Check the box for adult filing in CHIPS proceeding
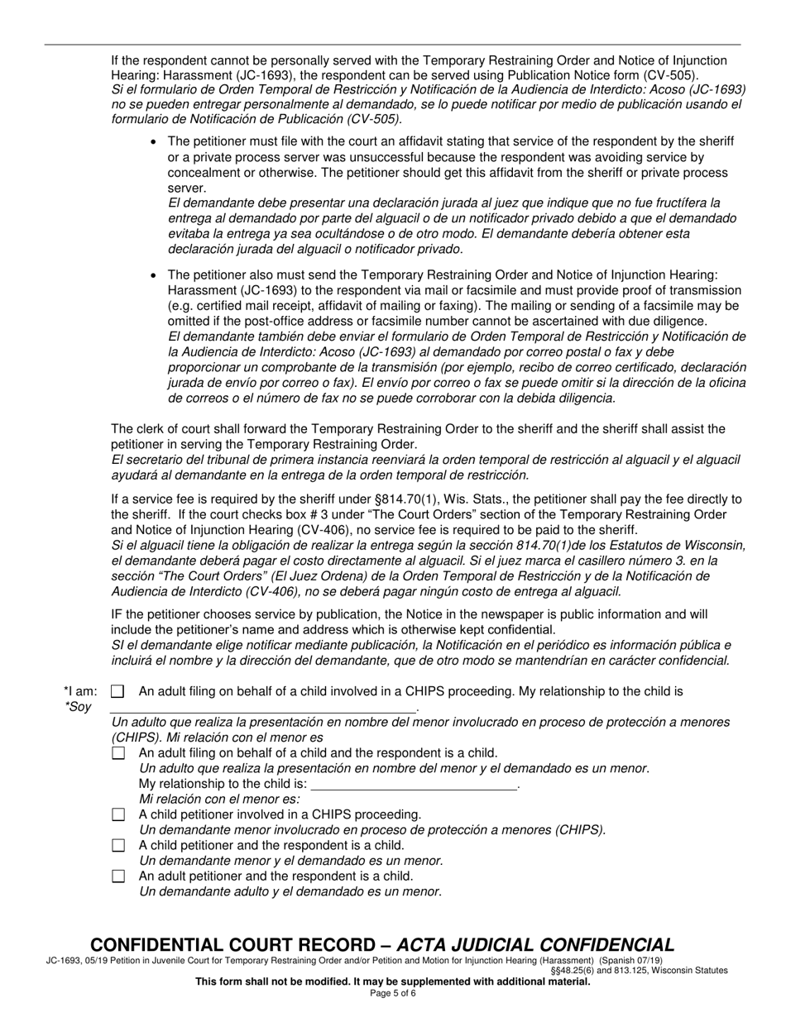tap(117, 691)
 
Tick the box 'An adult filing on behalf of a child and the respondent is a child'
tap(117, 753)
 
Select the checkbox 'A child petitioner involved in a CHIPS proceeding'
tap(117, 814)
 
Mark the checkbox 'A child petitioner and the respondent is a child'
tap(117, 845)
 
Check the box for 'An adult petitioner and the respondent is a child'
tap(117, 876)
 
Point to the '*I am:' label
tap(80, 691)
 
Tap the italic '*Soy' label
tap(78, 707)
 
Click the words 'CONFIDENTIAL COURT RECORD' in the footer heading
tap(237, 945)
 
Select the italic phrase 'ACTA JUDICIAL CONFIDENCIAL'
tap(535, 945)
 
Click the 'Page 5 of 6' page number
tap(393, 993)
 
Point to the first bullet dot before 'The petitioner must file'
tap(154, 142)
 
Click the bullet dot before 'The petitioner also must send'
tap(154, 275)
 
